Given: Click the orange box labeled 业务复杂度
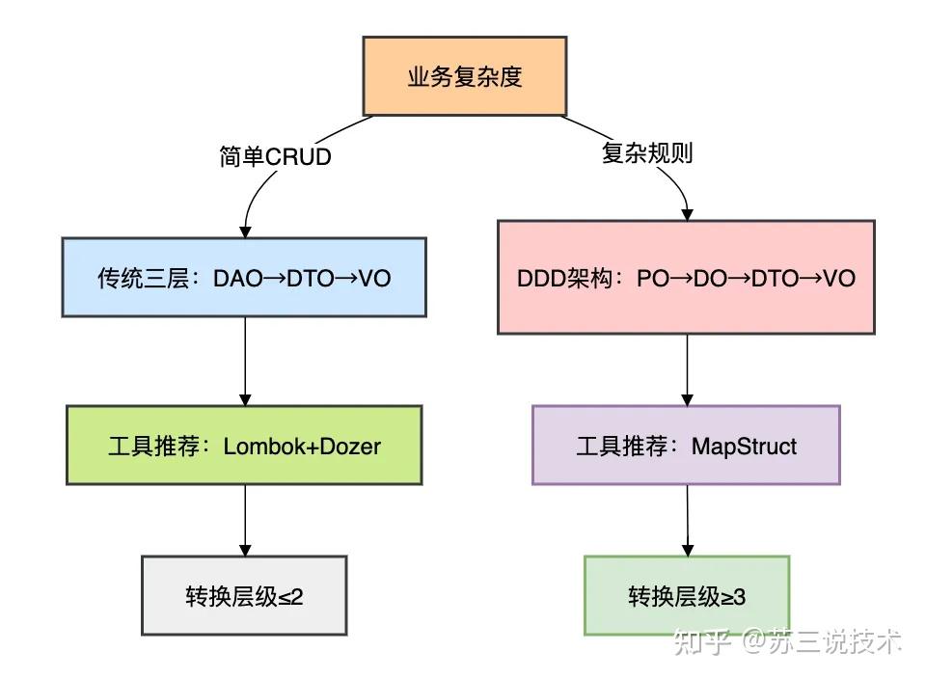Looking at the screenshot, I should [464, 76].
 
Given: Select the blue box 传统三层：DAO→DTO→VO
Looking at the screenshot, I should [244, 278].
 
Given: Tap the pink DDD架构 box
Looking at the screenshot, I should [686, 278].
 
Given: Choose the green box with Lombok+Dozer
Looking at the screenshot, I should [244, 446].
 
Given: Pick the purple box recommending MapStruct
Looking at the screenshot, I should [686, 446].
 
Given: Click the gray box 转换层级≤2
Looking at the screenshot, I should [244, 596].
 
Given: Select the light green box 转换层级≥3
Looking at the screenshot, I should [686, 596].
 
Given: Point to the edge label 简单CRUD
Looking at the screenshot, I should [275, 156].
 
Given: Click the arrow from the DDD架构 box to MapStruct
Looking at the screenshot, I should [686, 369].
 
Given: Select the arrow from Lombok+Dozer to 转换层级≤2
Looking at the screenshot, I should [244, 520].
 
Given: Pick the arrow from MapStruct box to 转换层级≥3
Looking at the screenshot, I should [686, 520].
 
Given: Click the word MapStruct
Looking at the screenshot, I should [744, 447].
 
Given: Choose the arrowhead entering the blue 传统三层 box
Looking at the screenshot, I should [245, 231].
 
